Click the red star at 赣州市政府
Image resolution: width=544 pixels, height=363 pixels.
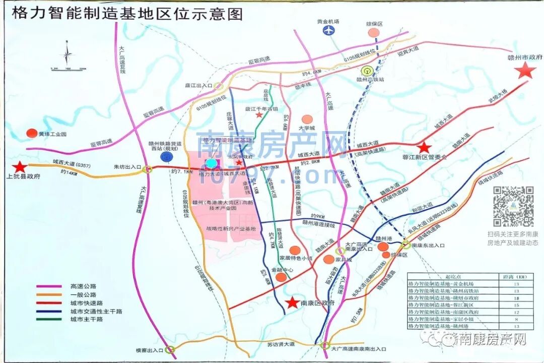[x=526, y=71]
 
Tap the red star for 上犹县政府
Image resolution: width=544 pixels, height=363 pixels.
[x=20, y=167]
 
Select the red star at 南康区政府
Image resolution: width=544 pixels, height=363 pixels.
[x=292, y=302]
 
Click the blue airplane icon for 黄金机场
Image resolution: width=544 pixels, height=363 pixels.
[x=329, y=30]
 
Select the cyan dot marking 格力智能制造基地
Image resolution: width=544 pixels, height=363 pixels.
[x=212, y=163]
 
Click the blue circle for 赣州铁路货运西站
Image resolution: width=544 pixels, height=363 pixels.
[x=165, y=157]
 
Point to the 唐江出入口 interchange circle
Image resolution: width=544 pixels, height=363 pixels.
[x=218, y=86]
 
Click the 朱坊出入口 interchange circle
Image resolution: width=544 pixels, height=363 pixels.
[x=147, y=169]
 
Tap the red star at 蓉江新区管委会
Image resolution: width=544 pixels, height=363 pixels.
[x=424, y=148]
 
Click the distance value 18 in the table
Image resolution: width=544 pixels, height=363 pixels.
[x=516, y=298]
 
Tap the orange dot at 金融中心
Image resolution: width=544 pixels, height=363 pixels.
[x=281, y=277]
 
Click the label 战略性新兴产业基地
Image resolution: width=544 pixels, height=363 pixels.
[x=230, y=229]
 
